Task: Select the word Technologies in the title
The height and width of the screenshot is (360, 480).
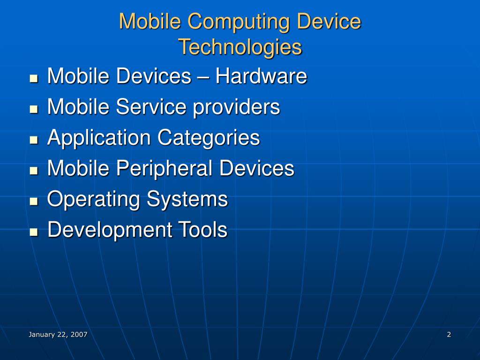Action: click(x=240, y=47)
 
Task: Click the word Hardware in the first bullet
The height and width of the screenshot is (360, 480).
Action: click(x=261, y=76)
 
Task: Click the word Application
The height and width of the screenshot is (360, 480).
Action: click(x=99, y=138)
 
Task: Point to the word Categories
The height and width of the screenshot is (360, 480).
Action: click(x=209, y=138)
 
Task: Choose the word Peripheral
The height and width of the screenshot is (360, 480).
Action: click(x=168, y=169)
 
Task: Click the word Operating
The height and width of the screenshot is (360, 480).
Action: click(x=94, y=200)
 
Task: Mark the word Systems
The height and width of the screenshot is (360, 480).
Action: click(x=187, y=200)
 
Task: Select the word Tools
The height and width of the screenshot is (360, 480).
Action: click(x=202, y=230)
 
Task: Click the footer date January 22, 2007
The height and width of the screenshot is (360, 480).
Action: click(x=58, y=334)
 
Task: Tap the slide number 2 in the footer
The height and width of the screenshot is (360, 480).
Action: click(x=449, y=334)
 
